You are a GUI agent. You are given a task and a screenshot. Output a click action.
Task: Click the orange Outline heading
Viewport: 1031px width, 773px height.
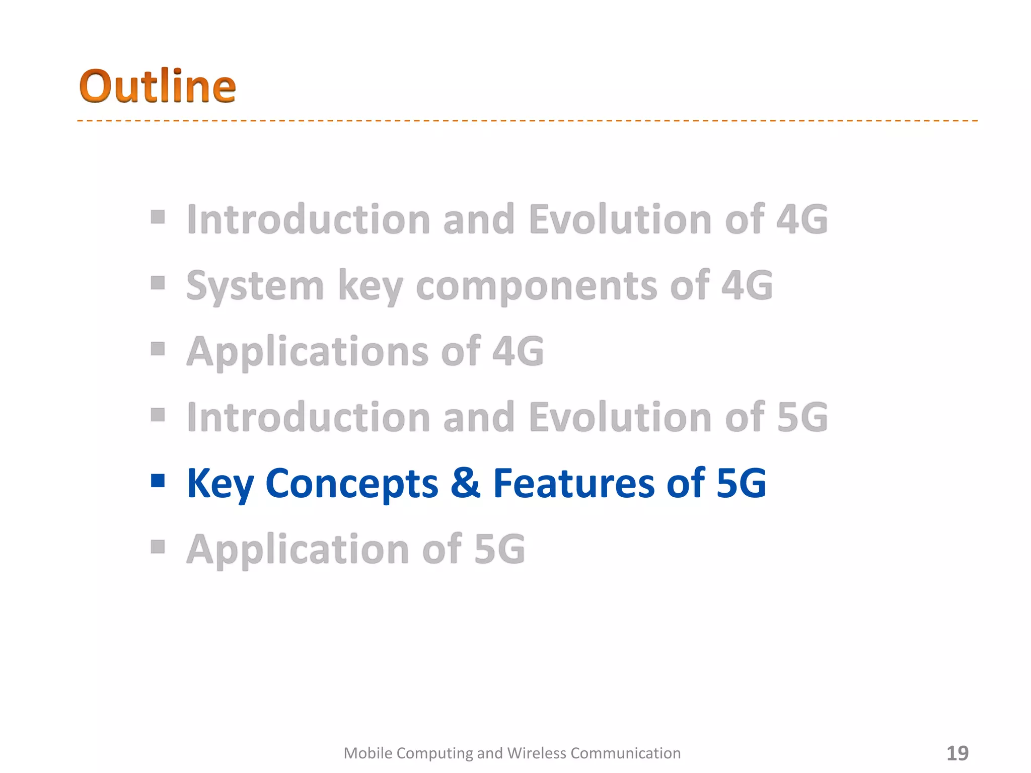tap(157, 87)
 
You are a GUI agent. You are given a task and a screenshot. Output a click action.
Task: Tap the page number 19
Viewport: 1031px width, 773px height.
tap(957, 753)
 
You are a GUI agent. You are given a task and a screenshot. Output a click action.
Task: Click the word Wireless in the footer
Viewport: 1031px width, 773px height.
tap(536, 753)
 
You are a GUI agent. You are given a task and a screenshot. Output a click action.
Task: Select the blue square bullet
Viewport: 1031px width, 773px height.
tap(158, 481)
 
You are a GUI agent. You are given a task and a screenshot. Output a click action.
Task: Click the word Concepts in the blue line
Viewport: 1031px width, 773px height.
tap(351, 483)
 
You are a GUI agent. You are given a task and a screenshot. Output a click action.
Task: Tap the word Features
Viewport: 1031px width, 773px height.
tap(574, 483)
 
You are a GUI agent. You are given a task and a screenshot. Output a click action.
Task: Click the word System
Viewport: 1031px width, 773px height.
tap(255, 286)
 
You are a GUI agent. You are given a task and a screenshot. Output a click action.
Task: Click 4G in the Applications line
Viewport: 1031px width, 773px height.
tap(518, 351)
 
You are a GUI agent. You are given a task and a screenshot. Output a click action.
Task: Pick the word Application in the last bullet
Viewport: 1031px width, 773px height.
tap(298, 550)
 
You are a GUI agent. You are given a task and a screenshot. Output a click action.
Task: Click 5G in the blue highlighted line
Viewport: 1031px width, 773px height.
tap(741, 483)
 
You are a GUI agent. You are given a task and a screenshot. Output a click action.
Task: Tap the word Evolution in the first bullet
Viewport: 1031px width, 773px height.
tap(620, 219)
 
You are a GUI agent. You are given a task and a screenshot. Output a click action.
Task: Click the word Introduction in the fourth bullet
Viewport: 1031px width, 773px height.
tap(308, 417)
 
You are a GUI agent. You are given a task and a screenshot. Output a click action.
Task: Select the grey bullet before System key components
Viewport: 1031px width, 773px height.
tap(158, 283)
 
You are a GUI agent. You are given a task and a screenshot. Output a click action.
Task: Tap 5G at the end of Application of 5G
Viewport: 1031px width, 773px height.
tap(499, 550)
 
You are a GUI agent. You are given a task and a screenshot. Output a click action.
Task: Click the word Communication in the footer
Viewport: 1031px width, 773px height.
tap(625, 753)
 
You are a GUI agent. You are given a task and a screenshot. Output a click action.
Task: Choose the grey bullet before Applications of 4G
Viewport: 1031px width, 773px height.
tap(158, 349)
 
